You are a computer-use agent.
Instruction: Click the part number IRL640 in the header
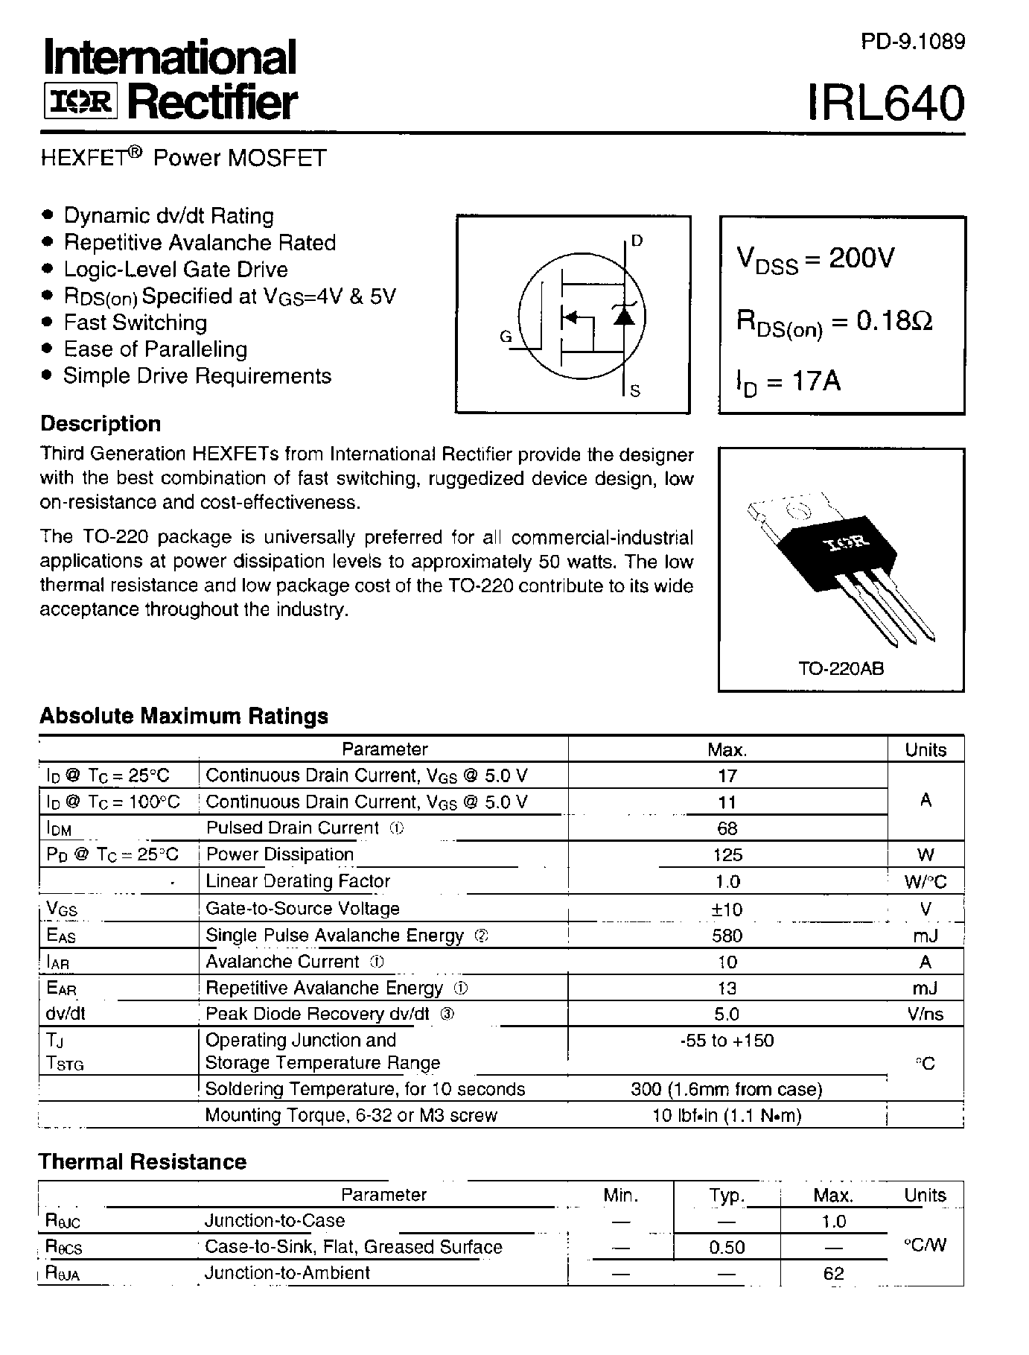(x=886, y=103)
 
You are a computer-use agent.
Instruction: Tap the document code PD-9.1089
(x=913, y=42)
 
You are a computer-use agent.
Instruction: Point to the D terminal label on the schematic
(x=637, y=241)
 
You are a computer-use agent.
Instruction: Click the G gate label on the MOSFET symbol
(x=506, y=337)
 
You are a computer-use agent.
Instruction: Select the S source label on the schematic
(x=635, y=391)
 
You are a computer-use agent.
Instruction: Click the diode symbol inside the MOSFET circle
(x=624, y=315)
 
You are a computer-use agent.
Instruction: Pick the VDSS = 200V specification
(x=815, y=259)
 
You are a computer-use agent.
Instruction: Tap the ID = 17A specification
(x=789, y=381)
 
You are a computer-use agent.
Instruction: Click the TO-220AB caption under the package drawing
(x=841, y=668)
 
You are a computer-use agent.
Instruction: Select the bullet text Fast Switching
(x=135, y=323)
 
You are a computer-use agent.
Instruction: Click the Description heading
(x=101, y=424)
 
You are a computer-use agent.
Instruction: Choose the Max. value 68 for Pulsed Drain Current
(x=727, y=828)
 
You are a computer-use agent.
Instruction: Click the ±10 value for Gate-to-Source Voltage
(x=727, y=910)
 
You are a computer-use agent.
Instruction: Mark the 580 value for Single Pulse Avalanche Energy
(x=727, y=936)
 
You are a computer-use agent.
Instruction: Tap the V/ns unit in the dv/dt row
(x=925, y=1015)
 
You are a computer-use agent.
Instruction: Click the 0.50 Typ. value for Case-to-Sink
(x=727, y=1247)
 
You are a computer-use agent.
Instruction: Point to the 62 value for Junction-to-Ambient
(x=833, y=1274)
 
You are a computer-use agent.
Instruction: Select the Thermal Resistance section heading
(x=142, y=1162)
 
